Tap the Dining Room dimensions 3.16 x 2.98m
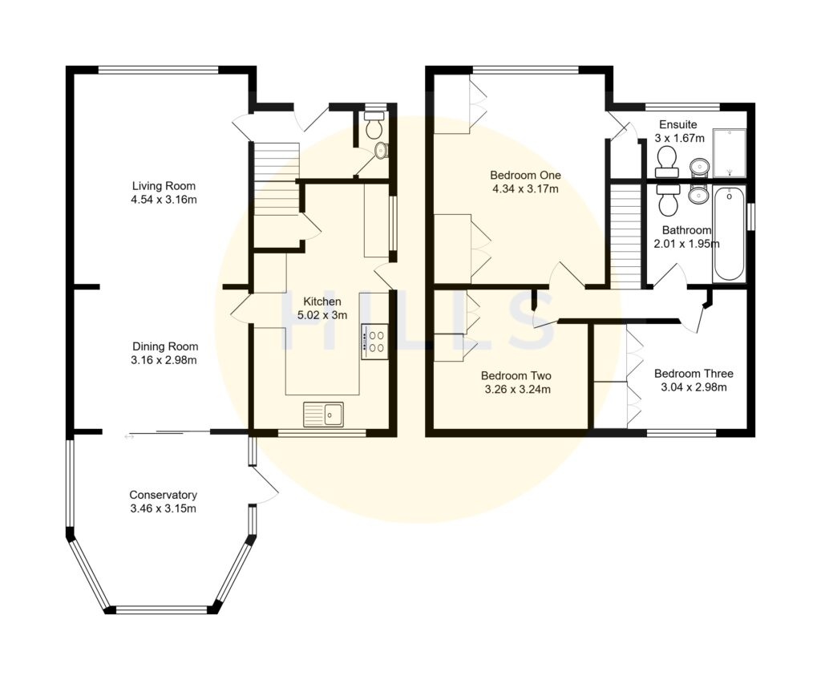tap(164, 360)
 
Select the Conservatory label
tap(163, 495)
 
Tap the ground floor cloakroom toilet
tap(373, 126)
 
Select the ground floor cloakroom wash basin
tap(380, 150)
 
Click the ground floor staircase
tap(276, 189)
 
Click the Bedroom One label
tap(525, 176)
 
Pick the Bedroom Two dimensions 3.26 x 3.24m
tap(517, 390)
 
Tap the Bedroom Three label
tap(694, 374)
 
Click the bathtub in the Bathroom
tap(729, 233)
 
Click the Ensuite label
tap(677, 124)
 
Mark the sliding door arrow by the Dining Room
tap(130, 437)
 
